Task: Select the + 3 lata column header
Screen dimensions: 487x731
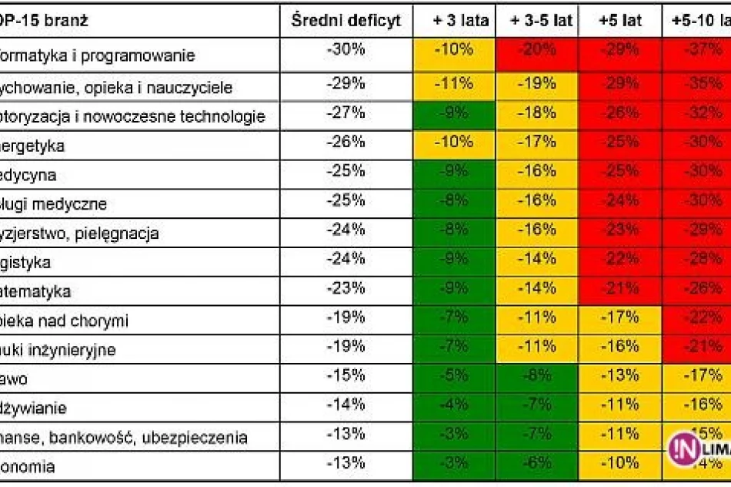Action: coord(454,21)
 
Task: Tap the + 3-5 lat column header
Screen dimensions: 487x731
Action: coord(541,21)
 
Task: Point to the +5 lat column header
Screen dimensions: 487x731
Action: coord(619,21)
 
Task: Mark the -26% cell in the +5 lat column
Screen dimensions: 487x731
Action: coord(619,113)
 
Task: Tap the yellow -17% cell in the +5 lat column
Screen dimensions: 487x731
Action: coord(619,317)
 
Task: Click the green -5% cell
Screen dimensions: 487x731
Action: coord(454,375)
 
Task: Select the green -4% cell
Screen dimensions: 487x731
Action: coord(454,405)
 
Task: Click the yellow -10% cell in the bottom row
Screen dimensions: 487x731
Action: coord(619,463)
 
